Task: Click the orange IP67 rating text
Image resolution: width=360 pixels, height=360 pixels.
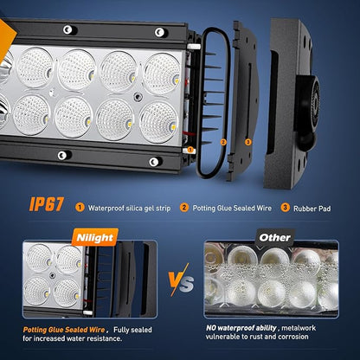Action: (46, 204)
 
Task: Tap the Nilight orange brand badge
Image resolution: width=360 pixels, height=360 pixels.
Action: (95, 237)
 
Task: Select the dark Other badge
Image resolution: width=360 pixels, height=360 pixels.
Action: (275, 237)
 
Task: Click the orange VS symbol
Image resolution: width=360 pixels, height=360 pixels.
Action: (181, 280)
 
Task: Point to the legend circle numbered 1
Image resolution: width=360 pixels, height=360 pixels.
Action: (80, 208)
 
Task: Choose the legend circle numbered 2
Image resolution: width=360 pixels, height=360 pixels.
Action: (184, 208)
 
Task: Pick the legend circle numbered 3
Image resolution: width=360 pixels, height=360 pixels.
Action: (285, 208)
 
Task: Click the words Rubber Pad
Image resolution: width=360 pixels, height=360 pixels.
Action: (312, 209)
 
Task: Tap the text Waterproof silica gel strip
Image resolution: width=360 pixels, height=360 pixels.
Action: (129, 209)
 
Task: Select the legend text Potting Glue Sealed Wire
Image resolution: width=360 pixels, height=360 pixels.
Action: (232, 208)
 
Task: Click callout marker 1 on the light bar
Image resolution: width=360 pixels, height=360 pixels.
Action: (190, 150)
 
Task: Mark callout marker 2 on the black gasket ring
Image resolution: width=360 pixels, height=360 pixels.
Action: (223, 142)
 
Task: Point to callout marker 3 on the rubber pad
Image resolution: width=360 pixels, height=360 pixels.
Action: (248, 142)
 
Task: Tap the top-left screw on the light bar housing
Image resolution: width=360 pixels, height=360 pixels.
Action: (68, 29)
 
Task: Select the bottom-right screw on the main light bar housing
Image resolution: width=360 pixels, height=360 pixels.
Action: (154, 162)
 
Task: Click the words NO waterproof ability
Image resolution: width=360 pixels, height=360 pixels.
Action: (241, 328)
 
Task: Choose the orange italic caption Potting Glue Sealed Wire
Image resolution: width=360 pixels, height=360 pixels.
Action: (64, 330)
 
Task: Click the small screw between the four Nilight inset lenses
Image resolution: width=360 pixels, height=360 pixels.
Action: (52, 275)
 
